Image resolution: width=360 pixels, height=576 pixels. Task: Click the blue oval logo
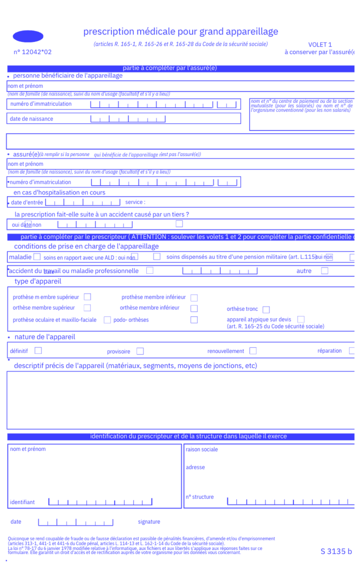pos(28,36)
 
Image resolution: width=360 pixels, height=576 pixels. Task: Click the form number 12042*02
pos(33,52)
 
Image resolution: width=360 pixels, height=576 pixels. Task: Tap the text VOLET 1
pos(320,45)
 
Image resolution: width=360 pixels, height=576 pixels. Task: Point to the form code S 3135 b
pos(336,551)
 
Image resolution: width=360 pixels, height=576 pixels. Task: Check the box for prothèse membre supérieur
pos(87,297)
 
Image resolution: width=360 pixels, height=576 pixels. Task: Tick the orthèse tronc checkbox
pos(266,309)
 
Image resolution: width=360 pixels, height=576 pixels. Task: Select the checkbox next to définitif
pos(38,351)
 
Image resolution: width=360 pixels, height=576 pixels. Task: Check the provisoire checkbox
pos(140,351)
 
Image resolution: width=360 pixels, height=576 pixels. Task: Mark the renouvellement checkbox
pos(253,351)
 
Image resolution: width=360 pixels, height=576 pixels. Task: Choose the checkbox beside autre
pos(324,271)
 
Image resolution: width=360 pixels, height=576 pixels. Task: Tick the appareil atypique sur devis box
pos(301,319)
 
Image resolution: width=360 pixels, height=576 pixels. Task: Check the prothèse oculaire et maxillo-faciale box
pos(107,320)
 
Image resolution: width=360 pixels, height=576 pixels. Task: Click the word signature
pos(149,522)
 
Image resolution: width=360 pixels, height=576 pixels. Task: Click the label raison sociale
pos(201,450)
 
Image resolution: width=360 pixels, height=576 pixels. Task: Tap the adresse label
pos(195,467)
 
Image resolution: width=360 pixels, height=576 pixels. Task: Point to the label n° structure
pos(199,497)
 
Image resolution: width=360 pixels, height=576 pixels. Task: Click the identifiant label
pos(22,502)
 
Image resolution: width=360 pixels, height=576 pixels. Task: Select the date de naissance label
pos(31,119)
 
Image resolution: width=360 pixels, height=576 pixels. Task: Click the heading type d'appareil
pos(38,282)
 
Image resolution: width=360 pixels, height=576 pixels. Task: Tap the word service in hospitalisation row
pos(134,202)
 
